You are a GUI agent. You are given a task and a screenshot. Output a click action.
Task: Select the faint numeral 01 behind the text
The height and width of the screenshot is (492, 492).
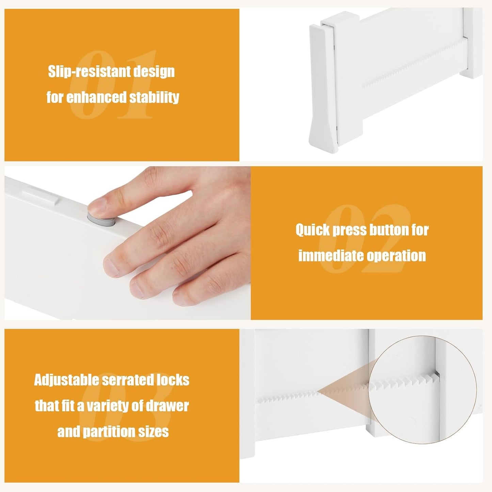click(x=112, y=85)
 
